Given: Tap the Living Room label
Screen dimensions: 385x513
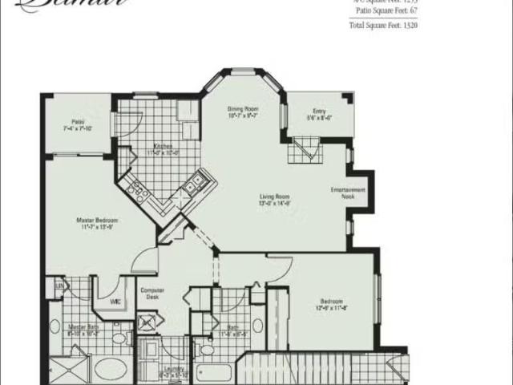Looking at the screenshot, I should tap(274, 197).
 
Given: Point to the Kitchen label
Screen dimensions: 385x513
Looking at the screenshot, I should tap(165, 147).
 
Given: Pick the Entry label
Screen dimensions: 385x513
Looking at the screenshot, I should tap(320, 111).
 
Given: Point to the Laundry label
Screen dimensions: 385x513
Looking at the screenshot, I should tap(173, 369).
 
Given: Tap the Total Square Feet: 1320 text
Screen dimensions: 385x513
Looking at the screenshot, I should tap(382, 26).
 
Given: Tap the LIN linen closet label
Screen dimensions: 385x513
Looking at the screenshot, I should tap(59, 286).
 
